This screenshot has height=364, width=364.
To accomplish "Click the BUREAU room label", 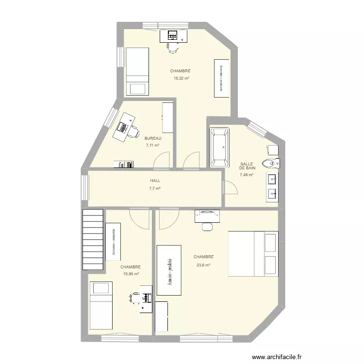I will [153, 138].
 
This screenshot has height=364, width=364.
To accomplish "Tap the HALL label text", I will [155, 181].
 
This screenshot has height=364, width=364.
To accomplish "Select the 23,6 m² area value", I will [203, 265].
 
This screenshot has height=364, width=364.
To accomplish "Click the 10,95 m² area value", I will [131, 274].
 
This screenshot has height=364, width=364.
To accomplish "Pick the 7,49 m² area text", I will [247, 175].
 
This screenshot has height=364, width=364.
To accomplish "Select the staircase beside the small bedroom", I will [93, 239].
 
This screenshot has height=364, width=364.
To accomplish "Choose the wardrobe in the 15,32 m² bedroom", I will [221, 78].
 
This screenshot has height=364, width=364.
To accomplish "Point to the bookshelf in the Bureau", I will [124, 164].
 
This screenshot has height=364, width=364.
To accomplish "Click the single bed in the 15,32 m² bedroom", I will [137, 71].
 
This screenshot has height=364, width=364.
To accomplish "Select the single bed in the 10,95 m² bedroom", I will [101, 305].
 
